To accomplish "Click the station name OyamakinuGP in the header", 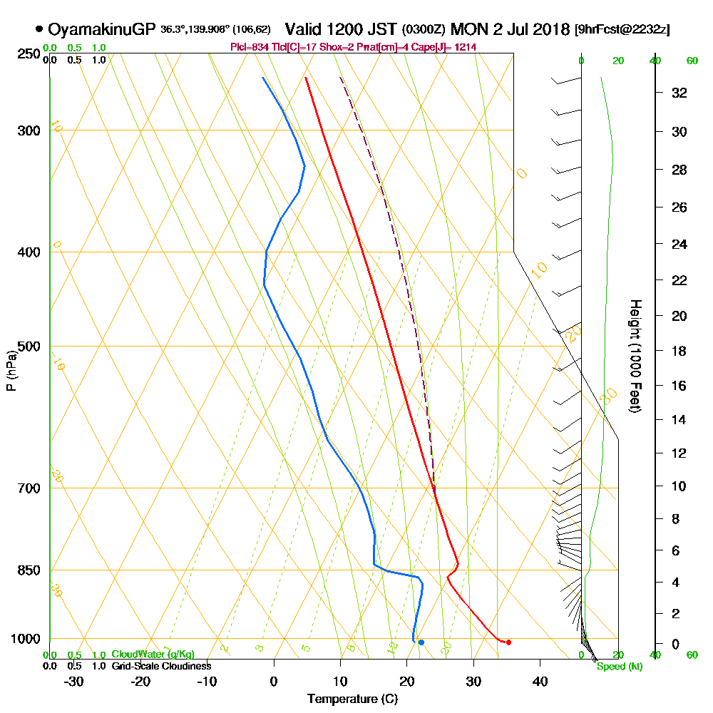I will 101,29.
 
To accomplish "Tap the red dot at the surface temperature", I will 508,642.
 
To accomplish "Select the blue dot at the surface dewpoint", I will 421,642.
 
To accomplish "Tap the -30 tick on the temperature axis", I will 74,680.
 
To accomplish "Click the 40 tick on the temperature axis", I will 540,680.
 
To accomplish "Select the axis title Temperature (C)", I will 352,699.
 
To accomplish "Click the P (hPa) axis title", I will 11,369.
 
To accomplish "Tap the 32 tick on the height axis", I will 679,93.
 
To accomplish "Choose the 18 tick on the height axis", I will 679,351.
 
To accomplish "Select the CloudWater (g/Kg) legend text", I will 153,655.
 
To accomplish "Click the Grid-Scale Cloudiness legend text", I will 160,666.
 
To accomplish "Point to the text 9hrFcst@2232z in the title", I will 622,30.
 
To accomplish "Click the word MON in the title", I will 468,29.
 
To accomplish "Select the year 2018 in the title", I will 548,29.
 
